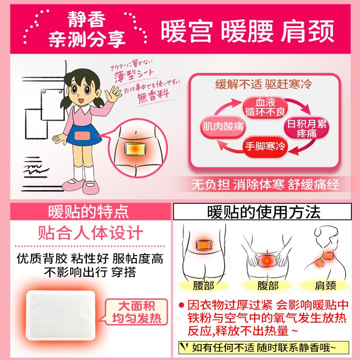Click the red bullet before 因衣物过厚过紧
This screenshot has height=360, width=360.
click(181, 304)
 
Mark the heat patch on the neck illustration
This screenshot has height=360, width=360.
click(322, 260)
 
